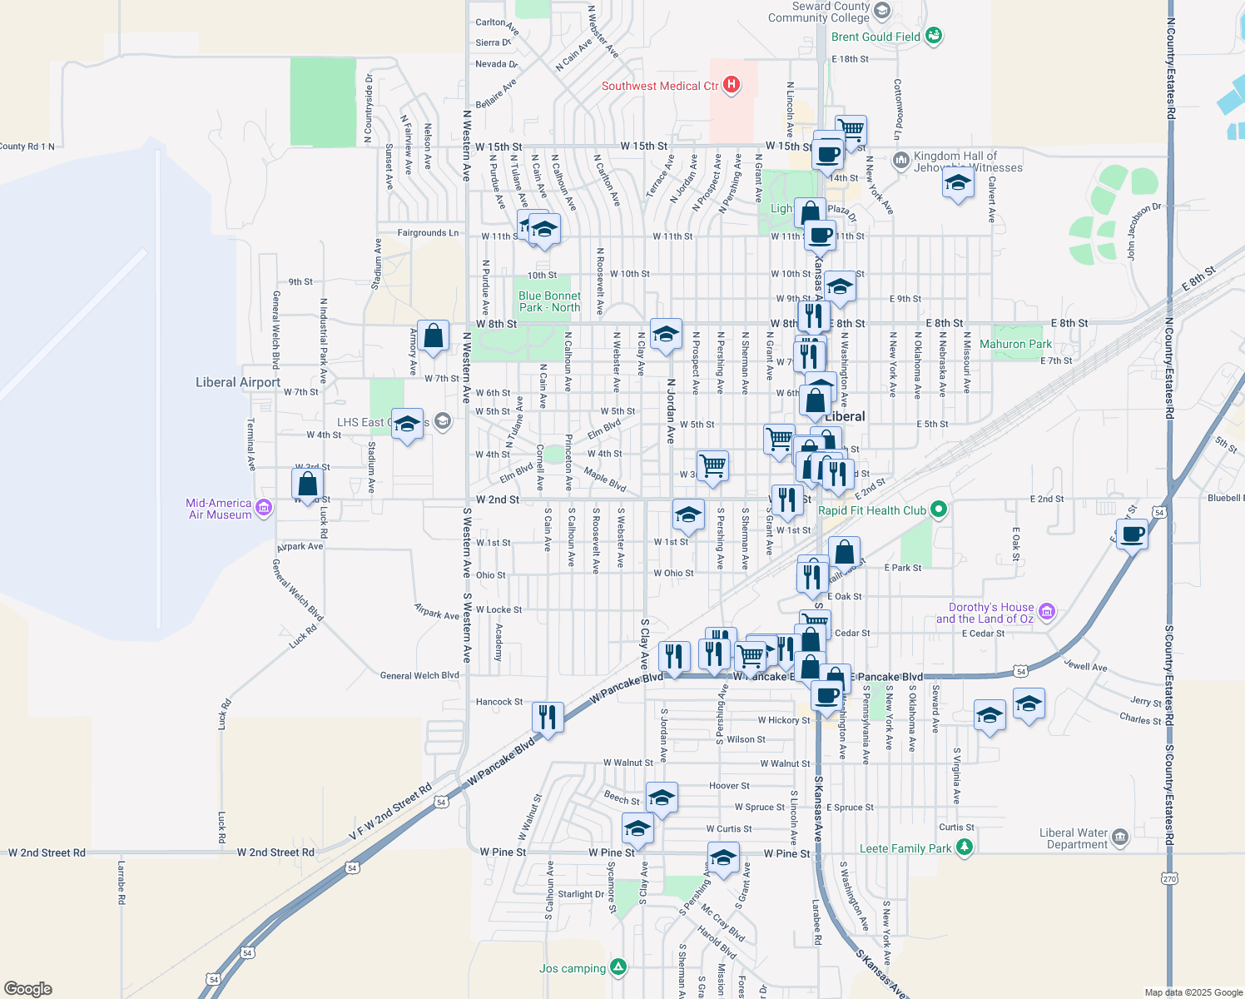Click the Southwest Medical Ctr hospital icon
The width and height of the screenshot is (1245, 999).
(x=732, y=85)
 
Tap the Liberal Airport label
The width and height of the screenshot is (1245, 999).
(x=238, y=382)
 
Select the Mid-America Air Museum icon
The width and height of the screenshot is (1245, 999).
(x=264, y=508)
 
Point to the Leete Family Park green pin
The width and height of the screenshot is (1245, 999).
(x=965, y=847)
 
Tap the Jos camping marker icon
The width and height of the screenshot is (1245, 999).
(x=618, y=967)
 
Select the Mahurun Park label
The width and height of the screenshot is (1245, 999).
(x=1015, y=344)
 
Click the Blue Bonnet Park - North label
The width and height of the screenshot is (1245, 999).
(x=549, y=301)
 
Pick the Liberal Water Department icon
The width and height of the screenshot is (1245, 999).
(x=1120, y=837)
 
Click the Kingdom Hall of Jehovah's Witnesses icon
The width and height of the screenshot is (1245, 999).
(x=900, y=160)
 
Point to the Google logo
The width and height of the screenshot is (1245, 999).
(x=28, y=989)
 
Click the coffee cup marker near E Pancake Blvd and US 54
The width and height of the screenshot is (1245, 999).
(x=1132, y=534)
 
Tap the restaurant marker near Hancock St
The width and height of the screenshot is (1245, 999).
(x=548, y=716)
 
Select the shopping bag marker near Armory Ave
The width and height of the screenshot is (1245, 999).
(x=434, y=336)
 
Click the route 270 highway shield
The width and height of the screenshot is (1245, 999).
(x=1169, y=877)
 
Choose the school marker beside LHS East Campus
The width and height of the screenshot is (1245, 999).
(x=407, y=424)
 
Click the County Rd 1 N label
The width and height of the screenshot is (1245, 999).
(x=27, y=147)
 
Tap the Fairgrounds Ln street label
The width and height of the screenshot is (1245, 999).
(x=428, y=233)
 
